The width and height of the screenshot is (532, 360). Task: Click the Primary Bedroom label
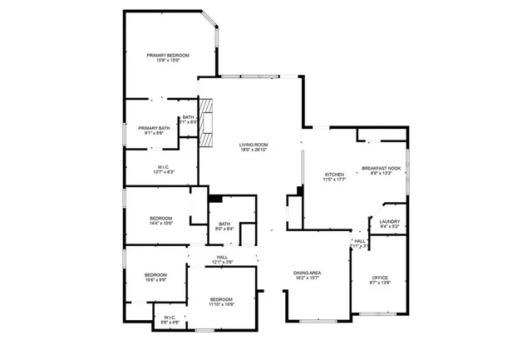169,55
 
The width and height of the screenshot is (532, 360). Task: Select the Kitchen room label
334,175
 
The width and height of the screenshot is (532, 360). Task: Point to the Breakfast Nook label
382,169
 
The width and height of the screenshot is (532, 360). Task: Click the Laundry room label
390,221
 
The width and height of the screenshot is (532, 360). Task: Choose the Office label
380,278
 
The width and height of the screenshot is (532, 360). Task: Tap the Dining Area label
307,273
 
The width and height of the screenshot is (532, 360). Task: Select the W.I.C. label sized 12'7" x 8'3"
163,167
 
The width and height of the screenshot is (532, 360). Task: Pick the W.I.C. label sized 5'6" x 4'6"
169,317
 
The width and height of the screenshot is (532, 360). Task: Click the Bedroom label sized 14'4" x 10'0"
160,218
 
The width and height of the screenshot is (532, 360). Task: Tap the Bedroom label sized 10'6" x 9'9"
155,275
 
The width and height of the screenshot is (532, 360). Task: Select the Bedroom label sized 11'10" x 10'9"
221,299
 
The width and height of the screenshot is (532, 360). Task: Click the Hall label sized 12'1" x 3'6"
222,257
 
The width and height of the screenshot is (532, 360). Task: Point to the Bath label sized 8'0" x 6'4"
224,223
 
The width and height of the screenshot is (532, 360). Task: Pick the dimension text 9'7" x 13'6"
380,284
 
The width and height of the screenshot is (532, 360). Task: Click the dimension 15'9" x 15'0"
169,61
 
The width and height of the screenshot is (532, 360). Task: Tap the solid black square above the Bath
215,199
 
